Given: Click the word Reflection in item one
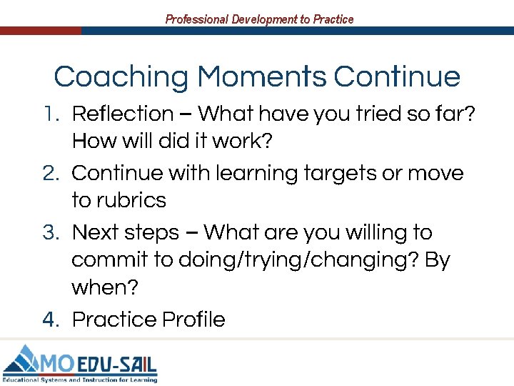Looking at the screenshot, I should (x=123, y=114).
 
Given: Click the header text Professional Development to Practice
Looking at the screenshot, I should (x=259, y=19).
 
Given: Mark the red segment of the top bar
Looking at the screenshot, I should (x=40, y=31).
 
